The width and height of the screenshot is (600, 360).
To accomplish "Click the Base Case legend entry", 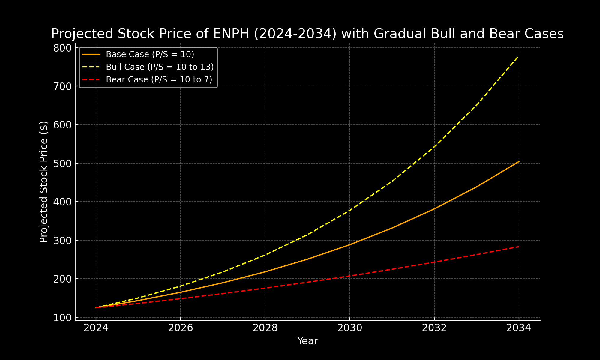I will pyautogui.click(x=150, y=54).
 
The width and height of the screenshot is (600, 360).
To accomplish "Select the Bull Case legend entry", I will pyautogui.click(x=160, y=67).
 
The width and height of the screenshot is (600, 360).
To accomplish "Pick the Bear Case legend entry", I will pyautogui.click(x=159, y=79).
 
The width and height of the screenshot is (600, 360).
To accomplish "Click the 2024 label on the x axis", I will pyautogui.click(x=96, y=328).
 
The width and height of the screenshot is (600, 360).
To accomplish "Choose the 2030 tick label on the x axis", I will pyautogui.click(x=350, y=328).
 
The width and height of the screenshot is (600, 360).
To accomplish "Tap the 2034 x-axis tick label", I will pyautogui.click(x=519, y=328).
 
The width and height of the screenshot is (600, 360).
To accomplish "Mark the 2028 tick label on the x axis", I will pyautogui.click(x=265, y=328).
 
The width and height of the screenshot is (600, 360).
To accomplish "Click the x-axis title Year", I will pyautogui.click(x=307, y=341).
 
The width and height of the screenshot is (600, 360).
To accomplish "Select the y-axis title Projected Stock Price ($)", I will pyautogui.click(x=44, y=182).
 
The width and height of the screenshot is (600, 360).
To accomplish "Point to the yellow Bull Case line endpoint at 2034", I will pyautogui.click(x=519, y=56).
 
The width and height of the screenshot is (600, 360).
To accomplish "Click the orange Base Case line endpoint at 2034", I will pyautogui.click(x=519, y=161).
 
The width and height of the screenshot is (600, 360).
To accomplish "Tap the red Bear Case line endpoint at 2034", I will pyautogui.click(x=519, y=247).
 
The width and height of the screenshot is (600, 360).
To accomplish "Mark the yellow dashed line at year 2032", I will pyautogui.click(x=434, y=147).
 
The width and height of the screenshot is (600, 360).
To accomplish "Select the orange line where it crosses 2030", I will pyautogui.click(x=350, y=244).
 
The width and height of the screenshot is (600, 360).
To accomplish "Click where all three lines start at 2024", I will pyautogui.click(x=96, y=307).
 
